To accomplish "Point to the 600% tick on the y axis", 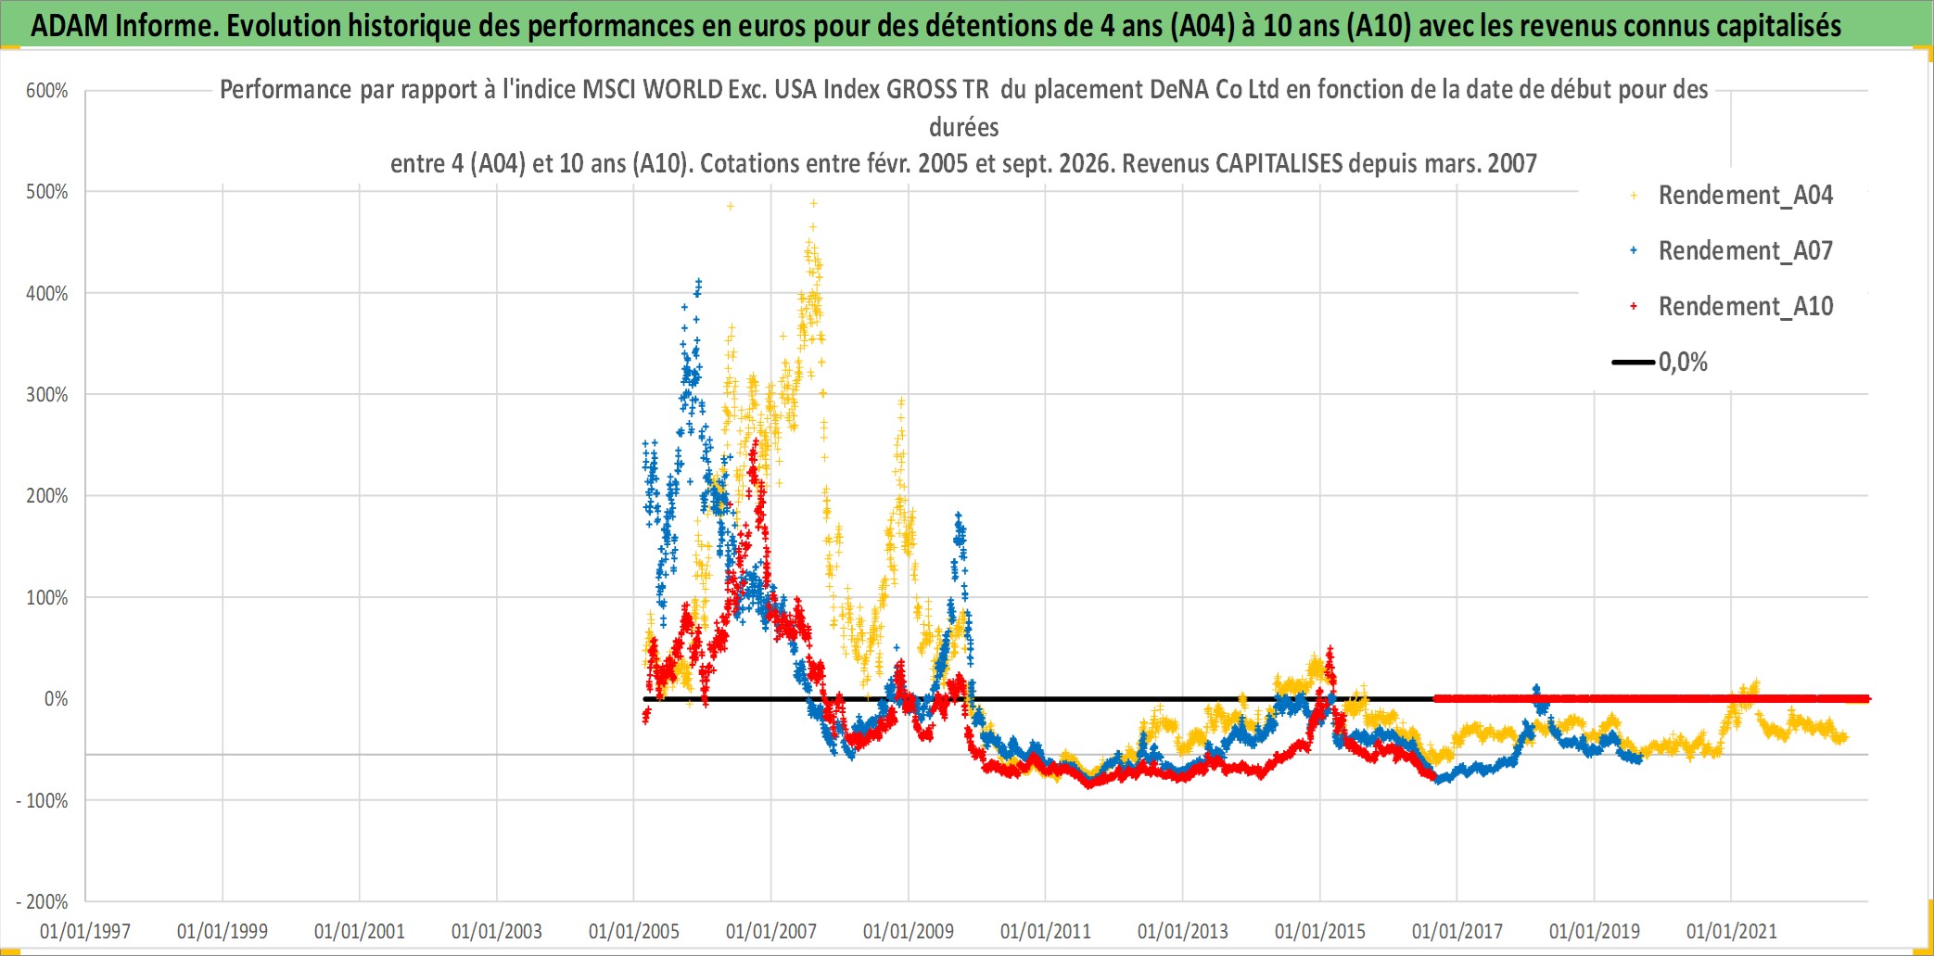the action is [47, 91].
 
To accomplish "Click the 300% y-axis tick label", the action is [47, 395].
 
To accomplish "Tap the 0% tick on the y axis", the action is [57, 699].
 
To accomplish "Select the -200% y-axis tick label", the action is [43, 902].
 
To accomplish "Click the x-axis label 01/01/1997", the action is [85, 932].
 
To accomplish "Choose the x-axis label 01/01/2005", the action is [634, 932].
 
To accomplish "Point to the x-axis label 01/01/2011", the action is [1046, 932].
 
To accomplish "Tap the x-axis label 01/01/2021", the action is [1732, 932].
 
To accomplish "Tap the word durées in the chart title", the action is [964, 127].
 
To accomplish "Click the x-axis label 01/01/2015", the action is [1320, 932].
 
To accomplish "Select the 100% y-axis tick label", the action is [47, 598].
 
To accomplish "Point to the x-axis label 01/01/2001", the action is [360, 932].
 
